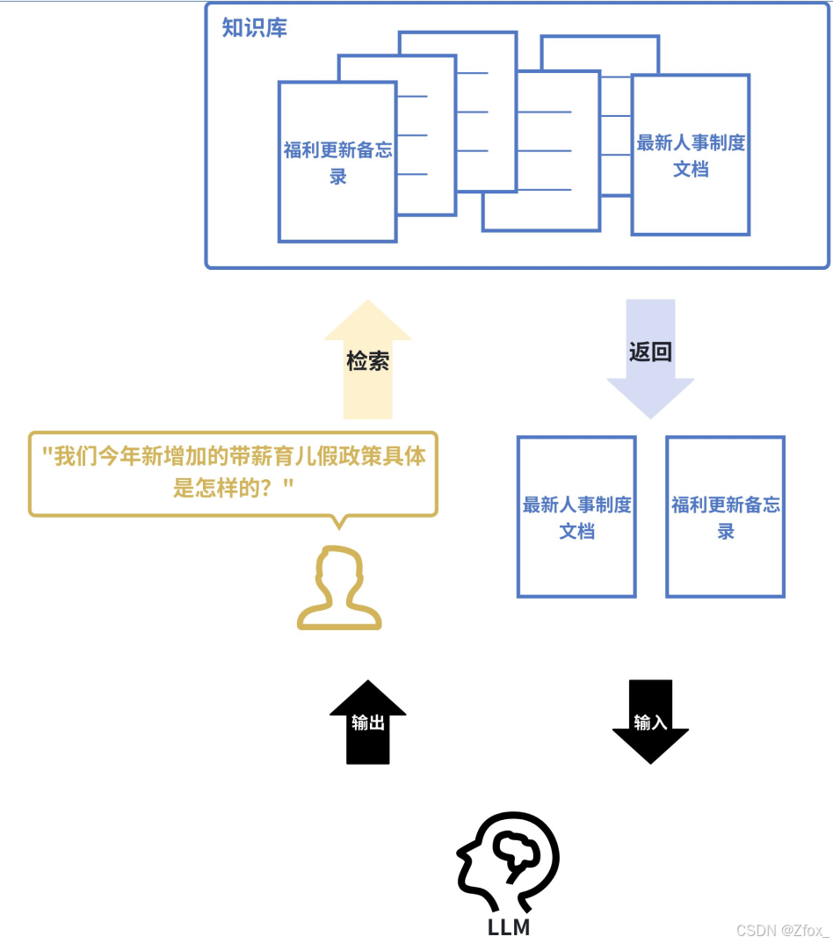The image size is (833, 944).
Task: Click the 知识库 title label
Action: coord(254,27)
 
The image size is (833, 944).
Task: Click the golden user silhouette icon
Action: coord(339,589)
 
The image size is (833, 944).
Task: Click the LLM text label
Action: coord(509,927)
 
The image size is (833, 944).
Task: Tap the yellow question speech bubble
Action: coord(233,472)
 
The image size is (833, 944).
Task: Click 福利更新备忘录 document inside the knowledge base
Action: coord(337,162)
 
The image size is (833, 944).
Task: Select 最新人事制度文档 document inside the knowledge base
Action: coord(691,155)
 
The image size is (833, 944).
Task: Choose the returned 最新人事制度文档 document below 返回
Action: coord(576,517)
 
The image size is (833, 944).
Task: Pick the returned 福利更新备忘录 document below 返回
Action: coord(726,517)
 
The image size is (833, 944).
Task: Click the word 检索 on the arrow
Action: coord(367,360)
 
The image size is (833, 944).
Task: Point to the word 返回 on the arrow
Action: coord(650,352)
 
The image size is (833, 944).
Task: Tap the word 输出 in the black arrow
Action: coord(368,723)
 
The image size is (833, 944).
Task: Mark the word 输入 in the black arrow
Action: coord(650,722)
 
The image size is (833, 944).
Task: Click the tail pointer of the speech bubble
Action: coord(339,522)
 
